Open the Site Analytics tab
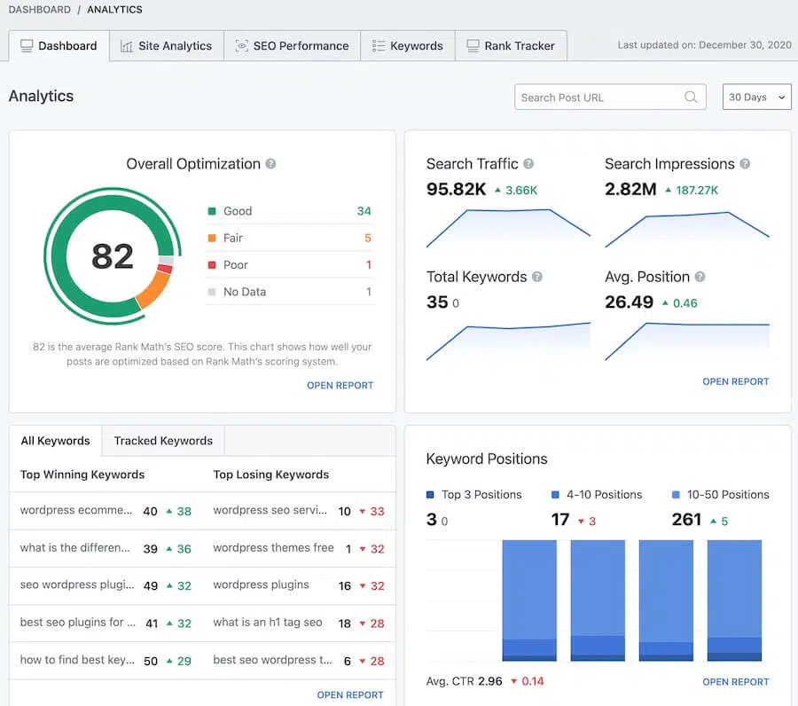(x=166, y=46)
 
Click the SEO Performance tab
(x=292, y=46)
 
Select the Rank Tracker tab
(x=511, y=46)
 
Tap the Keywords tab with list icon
(x=407, y=46)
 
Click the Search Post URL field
(x=599, y=98)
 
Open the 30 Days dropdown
(x=756, y=98)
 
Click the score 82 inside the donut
(x=113, y=256)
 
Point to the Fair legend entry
(x=233, y=238)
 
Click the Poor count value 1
(x=368, y=265)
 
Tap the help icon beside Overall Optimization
(x=271, y=164)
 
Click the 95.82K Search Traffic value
(x=456, y=189)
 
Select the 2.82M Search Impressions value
(x=630, y=189)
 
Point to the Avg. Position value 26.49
(x=629, y=302)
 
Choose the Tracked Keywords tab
(x=163, y=441)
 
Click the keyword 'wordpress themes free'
(x=273, y=548)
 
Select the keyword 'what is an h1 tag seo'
(x=267, y=623)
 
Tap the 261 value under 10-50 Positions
(x=686, y=520)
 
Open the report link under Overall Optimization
(x=340, y=386)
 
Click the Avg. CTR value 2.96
(x=490, y=681)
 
